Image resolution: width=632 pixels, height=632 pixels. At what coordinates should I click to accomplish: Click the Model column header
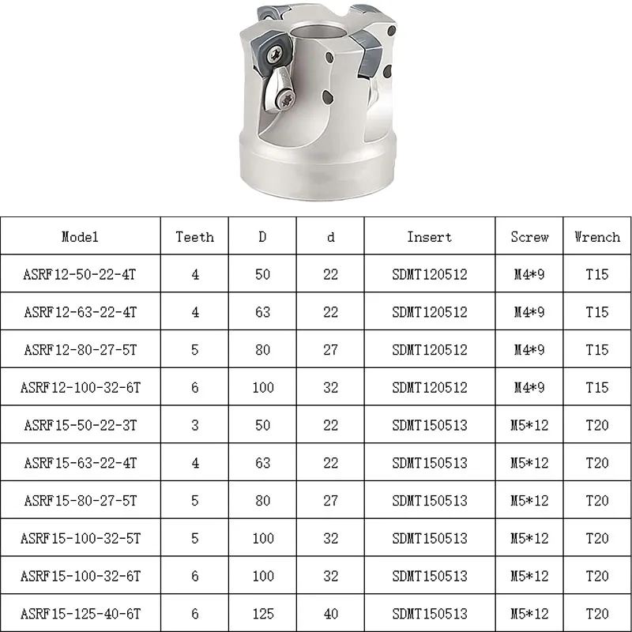[80, 236]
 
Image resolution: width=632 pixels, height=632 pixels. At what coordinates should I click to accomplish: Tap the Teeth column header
[194, 236]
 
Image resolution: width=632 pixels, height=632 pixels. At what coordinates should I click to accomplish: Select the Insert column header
[430, 236]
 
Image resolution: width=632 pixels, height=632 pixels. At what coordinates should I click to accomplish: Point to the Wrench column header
[597, 236]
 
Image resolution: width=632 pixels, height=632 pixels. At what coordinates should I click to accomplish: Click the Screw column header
[529, 236]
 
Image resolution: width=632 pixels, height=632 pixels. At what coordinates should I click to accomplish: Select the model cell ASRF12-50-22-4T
[80, 274]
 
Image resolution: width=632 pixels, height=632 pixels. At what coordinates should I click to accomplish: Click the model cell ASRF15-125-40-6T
[80, 613]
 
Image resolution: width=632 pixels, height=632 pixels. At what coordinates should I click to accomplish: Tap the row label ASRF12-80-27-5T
[80, 350]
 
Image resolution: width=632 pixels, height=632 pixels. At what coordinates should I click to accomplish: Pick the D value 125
[263, 613]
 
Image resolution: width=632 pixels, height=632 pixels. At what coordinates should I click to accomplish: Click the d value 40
[330, 613]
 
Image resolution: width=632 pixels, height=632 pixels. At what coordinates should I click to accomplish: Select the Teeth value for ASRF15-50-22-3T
[194, 425]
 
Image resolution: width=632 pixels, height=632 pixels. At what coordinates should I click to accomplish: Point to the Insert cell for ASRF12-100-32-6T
[430, 387]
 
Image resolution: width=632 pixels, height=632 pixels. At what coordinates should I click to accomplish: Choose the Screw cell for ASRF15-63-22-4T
[529, 463]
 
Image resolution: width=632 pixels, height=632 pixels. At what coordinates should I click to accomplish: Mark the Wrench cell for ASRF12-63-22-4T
[597, 312]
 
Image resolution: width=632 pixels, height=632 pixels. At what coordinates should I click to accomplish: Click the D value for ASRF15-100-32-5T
[263, 538]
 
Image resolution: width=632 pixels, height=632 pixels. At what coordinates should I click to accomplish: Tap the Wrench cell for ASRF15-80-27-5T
[597, 500]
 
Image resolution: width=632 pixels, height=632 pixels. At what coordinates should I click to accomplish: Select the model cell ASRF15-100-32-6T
[80, 576]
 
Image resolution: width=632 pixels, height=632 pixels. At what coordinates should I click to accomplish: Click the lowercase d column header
[330, 236]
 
